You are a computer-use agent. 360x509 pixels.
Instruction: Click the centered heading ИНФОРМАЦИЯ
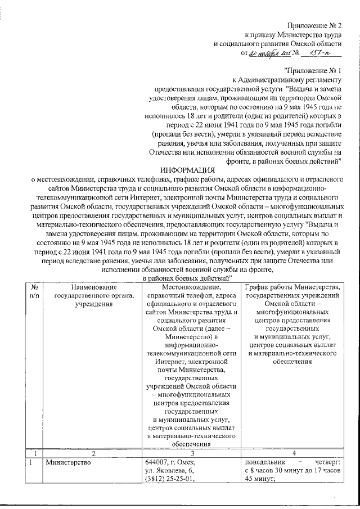(x=187, y=170)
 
